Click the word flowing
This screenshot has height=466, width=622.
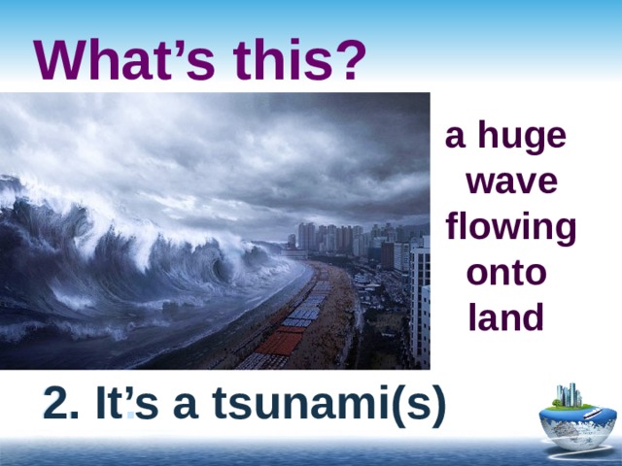[x=510, y=229]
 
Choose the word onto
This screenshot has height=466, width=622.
[x=506, y=273]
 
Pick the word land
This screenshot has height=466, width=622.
[x=505, y=317]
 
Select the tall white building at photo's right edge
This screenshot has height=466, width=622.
[x=419, y=301]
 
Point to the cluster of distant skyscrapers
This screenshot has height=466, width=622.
[x=330, y=238]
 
